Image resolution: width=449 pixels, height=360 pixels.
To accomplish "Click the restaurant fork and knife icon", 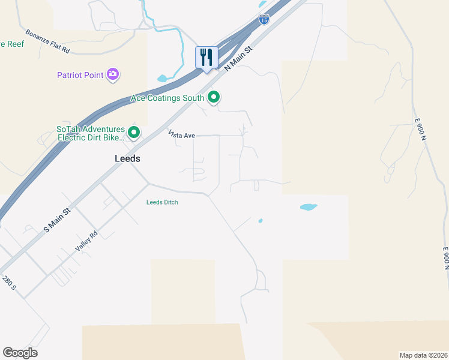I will click(x=206, y=58).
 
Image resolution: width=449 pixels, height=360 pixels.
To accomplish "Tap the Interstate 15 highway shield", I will click(x=264, y=19).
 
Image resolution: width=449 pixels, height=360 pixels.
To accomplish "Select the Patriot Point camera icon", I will click(x=113, y=75).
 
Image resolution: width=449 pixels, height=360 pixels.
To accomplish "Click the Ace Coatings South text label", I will click(x=168, y=97).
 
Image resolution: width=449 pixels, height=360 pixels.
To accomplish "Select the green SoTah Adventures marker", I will click(x=134, y=132).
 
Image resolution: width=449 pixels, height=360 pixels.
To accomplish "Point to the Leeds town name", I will click(x=127, y=159).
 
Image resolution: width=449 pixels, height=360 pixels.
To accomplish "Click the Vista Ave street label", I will click(x=181, y=136).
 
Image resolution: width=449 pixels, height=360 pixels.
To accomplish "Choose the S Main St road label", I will click(x=57, y=220).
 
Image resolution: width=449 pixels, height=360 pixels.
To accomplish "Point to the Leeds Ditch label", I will click(x=162, y=202).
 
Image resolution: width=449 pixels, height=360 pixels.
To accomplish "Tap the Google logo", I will click(x=20, y=352).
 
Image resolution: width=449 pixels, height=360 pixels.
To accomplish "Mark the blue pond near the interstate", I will click(x=162, y=78).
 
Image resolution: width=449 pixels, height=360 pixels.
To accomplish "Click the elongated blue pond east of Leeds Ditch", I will click(x=308, y=207).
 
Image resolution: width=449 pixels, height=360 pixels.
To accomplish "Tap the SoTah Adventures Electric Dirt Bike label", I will click(x=90, y=133).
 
